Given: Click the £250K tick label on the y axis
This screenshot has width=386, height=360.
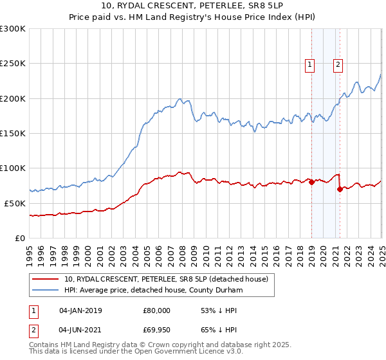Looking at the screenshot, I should (x=13, y=64).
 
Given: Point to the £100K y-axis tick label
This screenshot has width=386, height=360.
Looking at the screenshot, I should (x=13, y=168).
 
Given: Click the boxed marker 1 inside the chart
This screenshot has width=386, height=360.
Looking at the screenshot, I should (x=310, y=64).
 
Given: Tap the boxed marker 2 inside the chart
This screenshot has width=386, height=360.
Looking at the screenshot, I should (x=338, y=64).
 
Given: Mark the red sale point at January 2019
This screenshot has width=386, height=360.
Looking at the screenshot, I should (x=311, y=182).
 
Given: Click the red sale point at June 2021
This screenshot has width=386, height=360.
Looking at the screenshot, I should (x=340, y=189).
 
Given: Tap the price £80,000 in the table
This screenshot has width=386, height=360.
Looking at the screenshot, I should (x=157, y=310).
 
